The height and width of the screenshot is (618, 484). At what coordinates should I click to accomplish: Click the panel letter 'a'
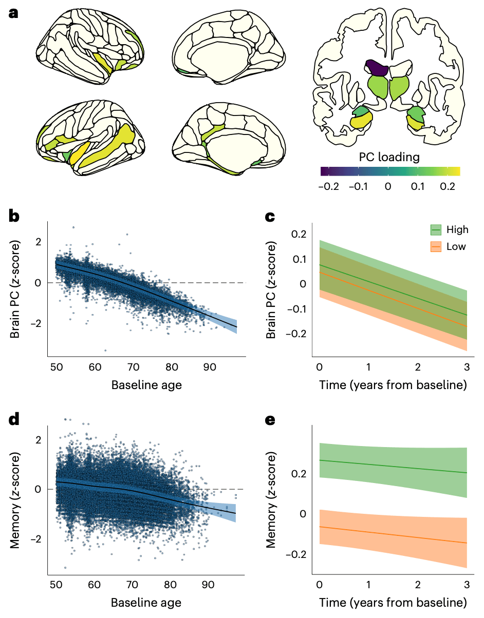(14, 13)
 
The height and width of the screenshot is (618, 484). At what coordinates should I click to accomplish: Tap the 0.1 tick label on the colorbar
(417, 187)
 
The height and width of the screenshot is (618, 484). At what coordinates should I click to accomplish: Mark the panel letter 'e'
(272, 420)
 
